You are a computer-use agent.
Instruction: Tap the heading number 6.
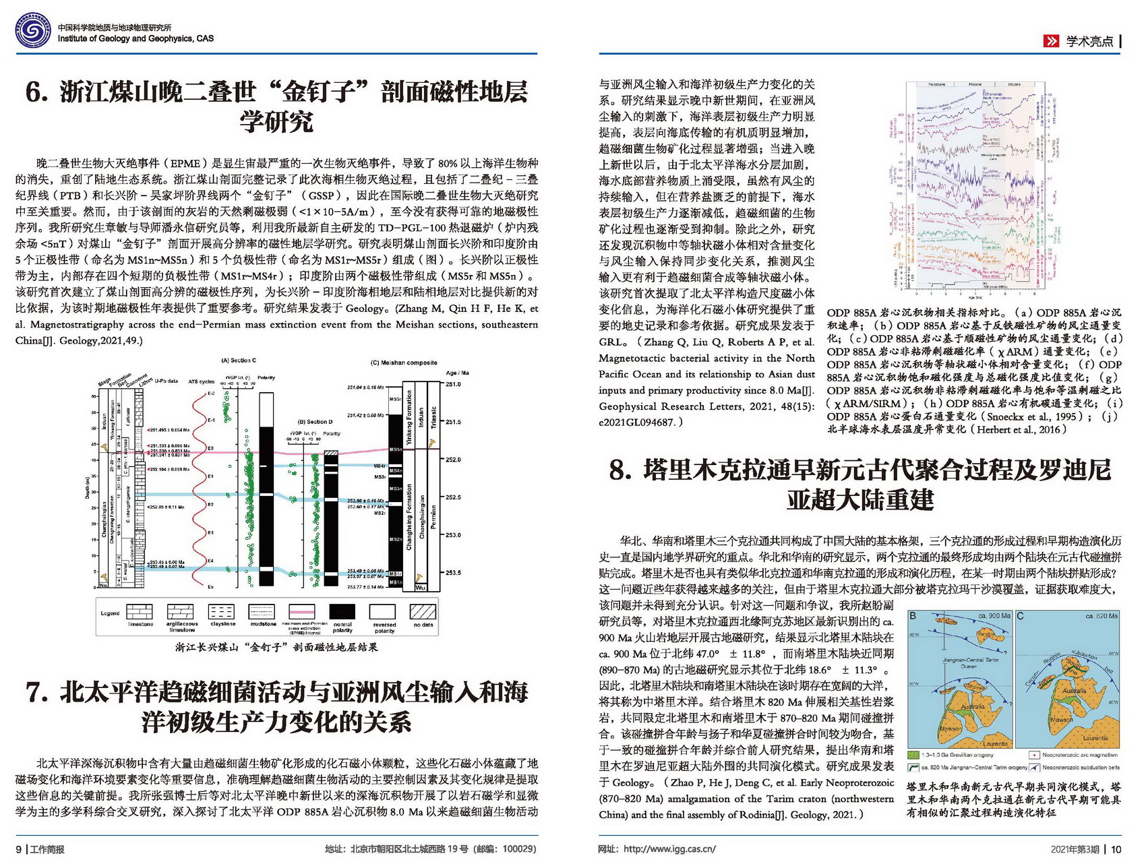pyautogui.click(x=36, y=92)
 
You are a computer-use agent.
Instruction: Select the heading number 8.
pyautogui.click(x=620, y=470)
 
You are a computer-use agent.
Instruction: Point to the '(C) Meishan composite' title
pyautogui.click(x=404, y=363)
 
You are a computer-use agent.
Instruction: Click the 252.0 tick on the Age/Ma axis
pyautogui.click(x=453, y=460)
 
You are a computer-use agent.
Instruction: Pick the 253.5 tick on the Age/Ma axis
pyautogui.click(x=453, y=573)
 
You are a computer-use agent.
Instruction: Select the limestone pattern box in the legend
pyautogui.click(x=140, y=611)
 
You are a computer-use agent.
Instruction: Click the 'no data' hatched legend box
pyautogui.click(x=423, y=611)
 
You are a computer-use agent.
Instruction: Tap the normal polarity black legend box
pyautogui.click(x=342, y=611)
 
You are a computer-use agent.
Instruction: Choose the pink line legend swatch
pyautogui.click(x=302, y=611)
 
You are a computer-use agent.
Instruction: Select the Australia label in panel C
pyautogui.click(x=1074, y=691)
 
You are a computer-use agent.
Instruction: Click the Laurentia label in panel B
pyautogui.click(x=996, y=743)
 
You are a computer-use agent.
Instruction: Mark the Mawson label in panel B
pyautogui.click(x=951, y=729)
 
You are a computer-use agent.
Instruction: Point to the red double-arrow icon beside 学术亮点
pyautogui.click(x=1050, y=41)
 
